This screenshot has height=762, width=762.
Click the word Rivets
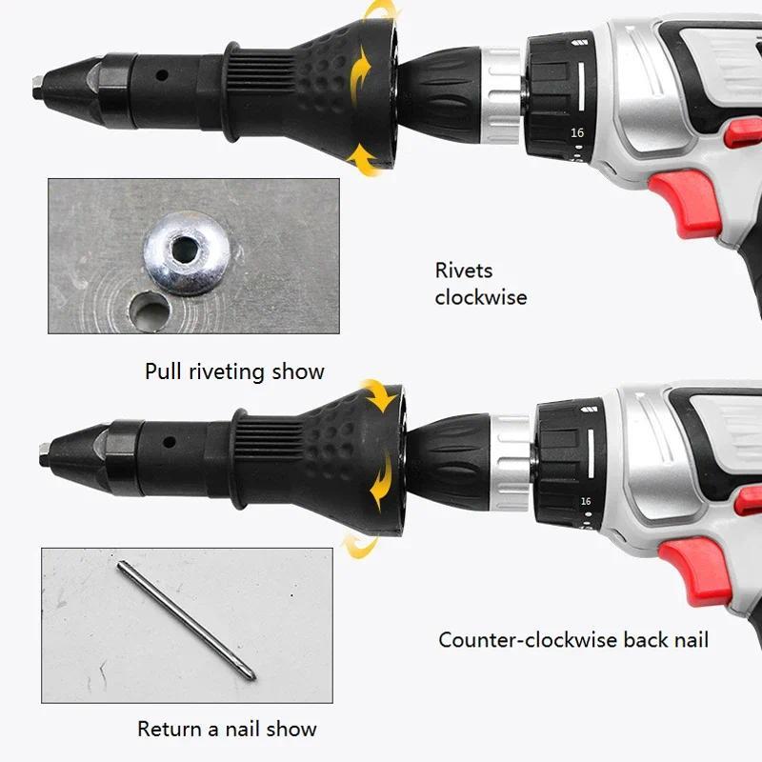click(x=464, y=271)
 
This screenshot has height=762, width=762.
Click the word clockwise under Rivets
click(x=481, y=297)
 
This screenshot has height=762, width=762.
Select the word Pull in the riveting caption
click(x=162, y=371)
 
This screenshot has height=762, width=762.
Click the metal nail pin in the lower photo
click(x=186, y=618)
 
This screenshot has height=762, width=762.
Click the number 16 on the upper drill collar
click(x=577, y=133)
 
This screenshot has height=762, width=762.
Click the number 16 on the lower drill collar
click(x=585, y=501)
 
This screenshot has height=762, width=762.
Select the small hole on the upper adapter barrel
click(x=163, y=74)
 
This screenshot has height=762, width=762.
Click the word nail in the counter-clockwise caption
click(x=690, y=640)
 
